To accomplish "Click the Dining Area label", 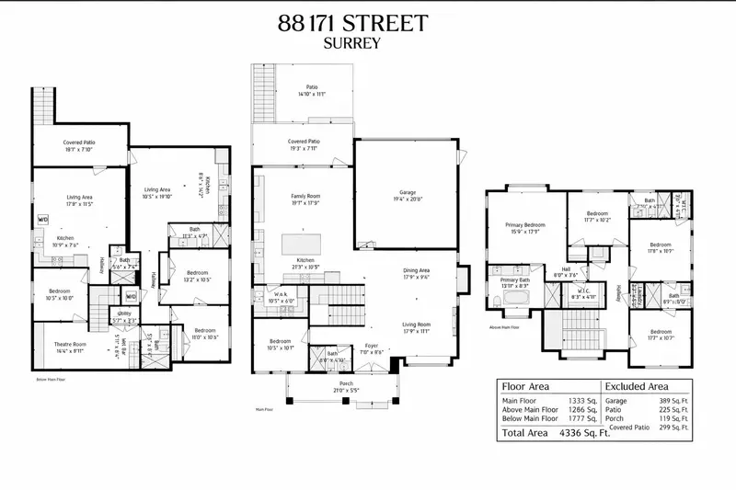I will point(417,270).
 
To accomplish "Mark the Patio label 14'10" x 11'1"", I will point(312,91).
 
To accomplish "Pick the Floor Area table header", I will point(525,386).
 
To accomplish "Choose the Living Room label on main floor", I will point(417,325).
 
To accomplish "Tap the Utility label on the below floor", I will point(123,313).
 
